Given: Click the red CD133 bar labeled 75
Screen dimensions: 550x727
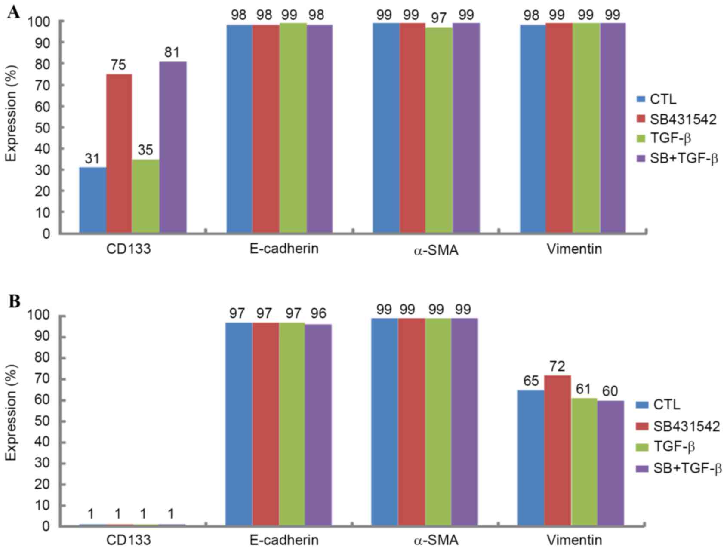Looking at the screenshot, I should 119,154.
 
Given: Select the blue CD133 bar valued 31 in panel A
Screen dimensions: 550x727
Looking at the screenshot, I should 92,200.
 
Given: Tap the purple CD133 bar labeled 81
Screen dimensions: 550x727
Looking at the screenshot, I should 173,147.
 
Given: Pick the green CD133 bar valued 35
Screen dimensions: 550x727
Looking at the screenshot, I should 145,196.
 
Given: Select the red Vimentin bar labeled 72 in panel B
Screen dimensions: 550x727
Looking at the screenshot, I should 558,450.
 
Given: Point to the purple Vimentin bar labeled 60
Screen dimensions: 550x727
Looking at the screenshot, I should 610,463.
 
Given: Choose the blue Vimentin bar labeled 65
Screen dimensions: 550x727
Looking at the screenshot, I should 531,457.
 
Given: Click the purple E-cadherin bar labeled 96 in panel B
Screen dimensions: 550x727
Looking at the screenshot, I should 318,424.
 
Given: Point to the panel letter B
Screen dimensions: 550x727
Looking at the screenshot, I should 14,301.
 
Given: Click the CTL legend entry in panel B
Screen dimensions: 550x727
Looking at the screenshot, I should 658,405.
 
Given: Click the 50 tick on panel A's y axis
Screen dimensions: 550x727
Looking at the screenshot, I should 45,128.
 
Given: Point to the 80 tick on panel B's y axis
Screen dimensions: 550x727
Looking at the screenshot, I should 45,358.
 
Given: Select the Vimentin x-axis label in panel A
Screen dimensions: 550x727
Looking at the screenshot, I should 574,249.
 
